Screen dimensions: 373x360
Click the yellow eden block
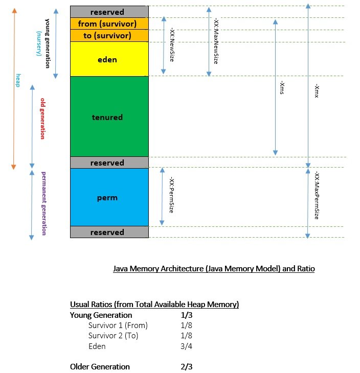(109, 59)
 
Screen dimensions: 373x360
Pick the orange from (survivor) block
(109, 24)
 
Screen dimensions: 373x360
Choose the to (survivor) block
(109, 36)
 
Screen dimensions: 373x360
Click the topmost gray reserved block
(109, 12)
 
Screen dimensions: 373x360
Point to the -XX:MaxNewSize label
(215, 42)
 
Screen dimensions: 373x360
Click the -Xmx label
(317, 91)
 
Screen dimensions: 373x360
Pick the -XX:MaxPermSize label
(317, 196)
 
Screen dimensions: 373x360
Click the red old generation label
(43, 119)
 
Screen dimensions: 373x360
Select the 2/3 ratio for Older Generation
(183, 366)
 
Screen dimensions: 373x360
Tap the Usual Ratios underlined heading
(154, 305)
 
